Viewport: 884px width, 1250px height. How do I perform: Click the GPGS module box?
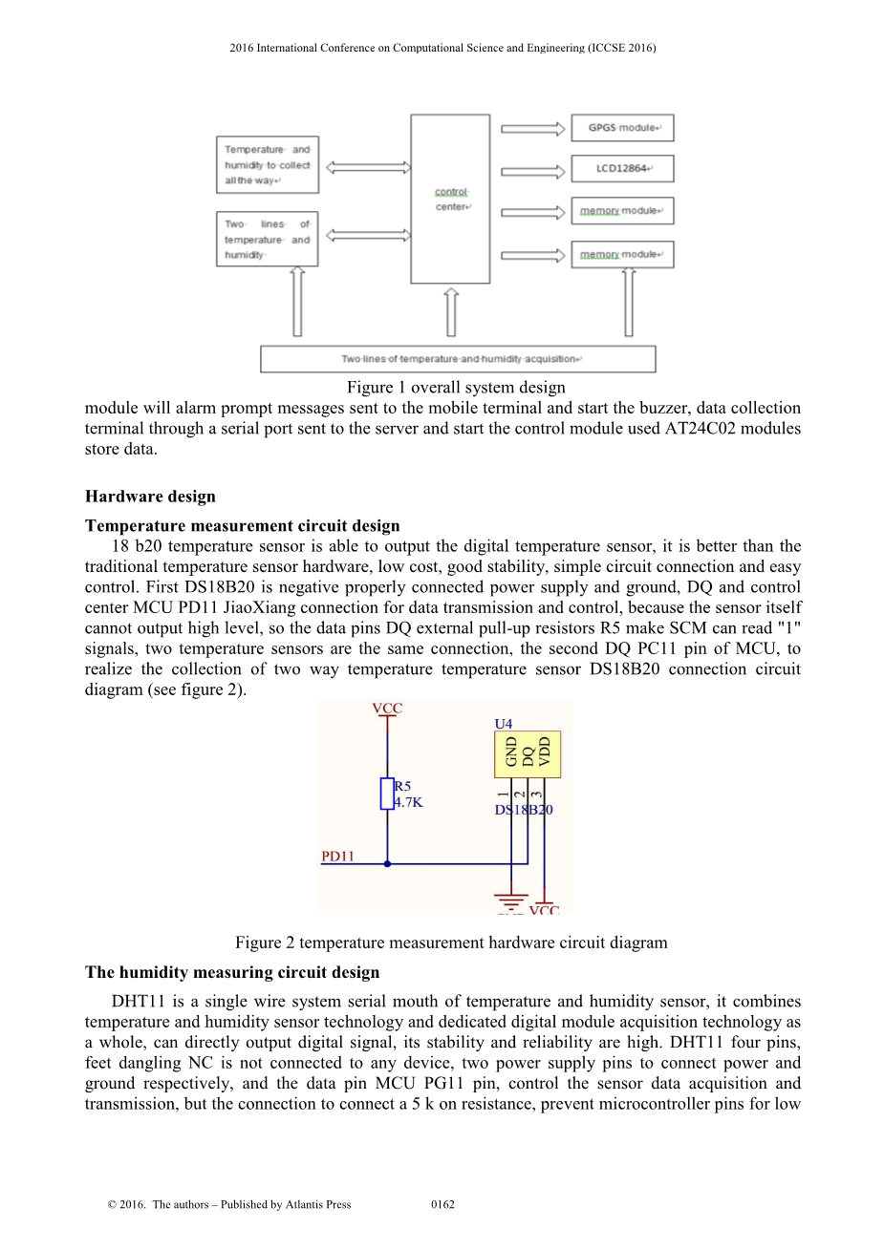[622, 127]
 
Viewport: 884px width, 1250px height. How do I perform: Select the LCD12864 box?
[622, 169]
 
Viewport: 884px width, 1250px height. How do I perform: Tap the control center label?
[452, 200]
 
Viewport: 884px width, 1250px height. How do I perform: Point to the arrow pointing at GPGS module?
[532, 128]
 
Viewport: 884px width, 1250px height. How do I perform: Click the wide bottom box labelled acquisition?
[458, 359]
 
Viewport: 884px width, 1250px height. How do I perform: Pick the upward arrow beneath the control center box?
[451, 313]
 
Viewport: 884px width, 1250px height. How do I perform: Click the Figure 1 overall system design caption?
[456, 387]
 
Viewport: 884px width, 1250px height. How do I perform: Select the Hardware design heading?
[150, 496]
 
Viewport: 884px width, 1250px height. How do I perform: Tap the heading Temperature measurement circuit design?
[243, 525]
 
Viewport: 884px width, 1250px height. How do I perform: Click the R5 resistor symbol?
[387, 794]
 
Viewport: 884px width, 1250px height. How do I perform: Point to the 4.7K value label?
[409, 803]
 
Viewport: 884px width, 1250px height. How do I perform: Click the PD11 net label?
[337, 857]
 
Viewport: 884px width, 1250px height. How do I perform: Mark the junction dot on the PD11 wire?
[387, 863]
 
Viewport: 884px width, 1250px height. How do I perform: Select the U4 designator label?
[504, 724]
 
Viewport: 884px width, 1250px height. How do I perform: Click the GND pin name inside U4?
[511, 752]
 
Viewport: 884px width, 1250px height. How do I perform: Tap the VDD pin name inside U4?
[545, 752]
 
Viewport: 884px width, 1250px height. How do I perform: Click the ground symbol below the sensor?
[511, 900]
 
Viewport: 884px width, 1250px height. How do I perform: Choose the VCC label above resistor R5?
[387, 709]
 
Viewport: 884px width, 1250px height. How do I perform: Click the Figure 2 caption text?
[451, 943]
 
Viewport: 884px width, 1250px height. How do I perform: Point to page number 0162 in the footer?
[442, 1204]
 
